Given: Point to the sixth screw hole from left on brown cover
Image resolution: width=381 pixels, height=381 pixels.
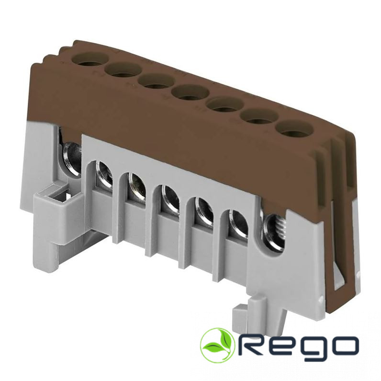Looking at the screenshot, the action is tap(260, 117).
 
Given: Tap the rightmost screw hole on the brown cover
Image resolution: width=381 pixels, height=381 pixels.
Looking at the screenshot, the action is tap(294, 129).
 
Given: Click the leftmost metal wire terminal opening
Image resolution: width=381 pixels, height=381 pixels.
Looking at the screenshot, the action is tap(72, 158).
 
